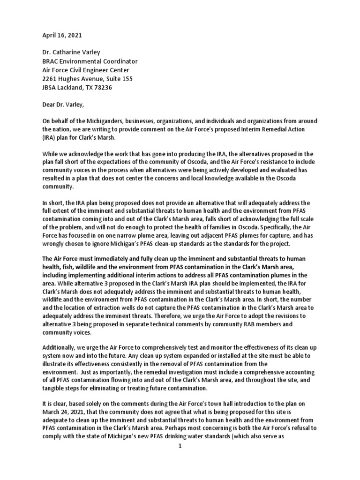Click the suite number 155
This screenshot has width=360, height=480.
coord(126,79)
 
